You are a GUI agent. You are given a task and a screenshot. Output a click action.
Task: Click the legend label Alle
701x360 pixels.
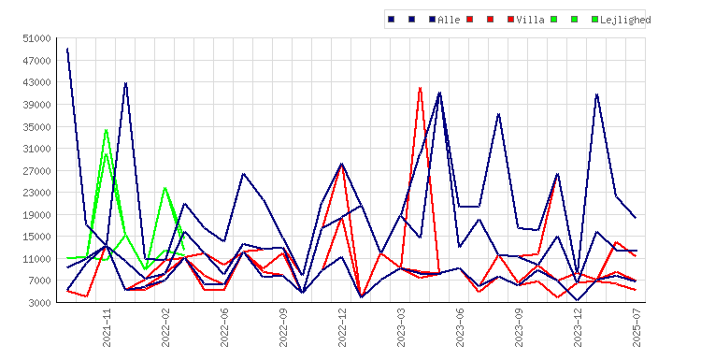point(449,20)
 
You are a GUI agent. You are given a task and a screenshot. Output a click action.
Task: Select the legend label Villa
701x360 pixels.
point(530,20)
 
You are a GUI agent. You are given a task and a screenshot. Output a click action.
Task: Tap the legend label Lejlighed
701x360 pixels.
point(625,20)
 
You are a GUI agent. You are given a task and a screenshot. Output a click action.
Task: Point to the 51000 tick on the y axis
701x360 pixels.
point(36,38)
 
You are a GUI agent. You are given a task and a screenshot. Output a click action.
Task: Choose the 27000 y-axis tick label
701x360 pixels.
point(36,171)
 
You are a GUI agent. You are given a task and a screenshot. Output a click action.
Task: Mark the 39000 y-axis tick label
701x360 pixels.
point(36,105)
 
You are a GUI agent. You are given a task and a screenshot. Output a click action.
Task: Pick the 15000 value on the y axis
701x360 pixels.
point(36,237)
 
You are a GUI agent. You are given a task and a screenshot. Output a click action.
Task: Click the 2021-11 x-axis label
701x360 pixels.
point(107,327)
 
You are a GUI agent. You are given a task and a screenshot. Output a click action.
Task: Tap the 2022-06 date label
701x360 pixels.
point(224,327)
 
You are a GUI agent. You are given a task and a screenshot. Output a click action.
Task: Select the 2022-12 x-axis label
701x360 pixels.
point(342,327)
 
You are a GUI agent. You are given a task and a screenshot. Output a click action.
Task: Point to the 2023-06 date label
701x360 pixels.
point(460,327)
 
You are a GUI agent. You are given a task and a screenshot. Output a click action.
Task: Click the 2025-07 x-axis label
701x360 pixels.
point(637,327)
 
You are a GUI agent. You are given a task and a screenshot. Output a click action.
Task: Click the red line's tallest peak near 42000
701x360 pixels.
point(421,88)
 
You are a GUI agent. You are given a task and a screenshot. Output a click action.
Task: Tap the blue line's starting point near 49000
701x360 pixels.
point(67,49)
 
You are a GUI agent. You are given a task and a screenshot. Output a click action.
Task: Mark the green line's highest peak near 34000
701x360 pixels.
point(106,130)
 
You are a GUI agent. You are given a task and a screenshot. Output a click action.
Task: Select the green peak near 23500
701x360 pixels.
point(165,188)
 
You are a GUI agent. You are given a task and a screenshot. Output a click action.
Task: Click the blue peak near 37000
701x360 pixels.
point(498,114)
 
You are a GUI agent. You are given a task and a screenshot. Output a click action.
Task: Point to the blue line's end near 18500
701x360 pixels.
point(636,218)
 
